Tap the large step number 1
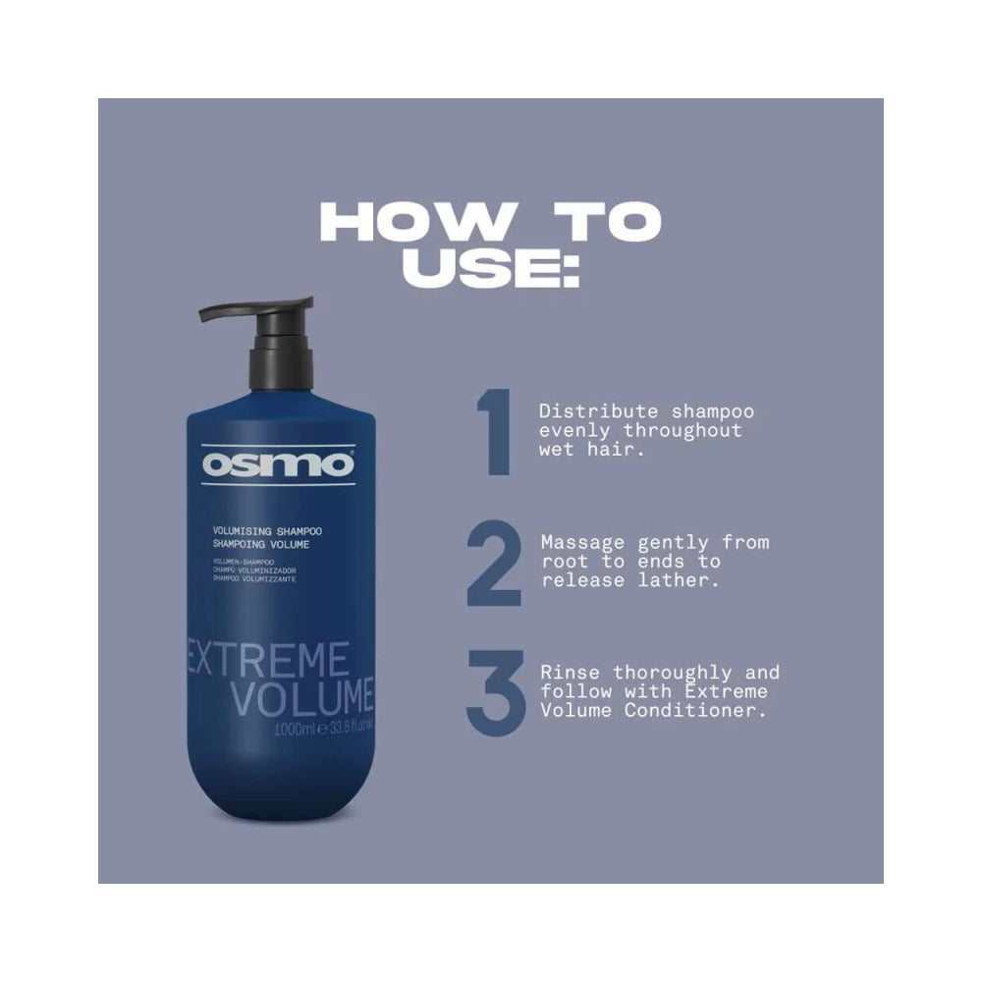[x=494, y=432]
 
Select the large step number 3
[x=494, y=694]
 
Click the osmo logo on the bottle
[x=277, y=464]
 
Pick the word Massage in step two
[x=573, y=542]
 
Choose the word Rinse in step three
[x=567, y=673]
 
